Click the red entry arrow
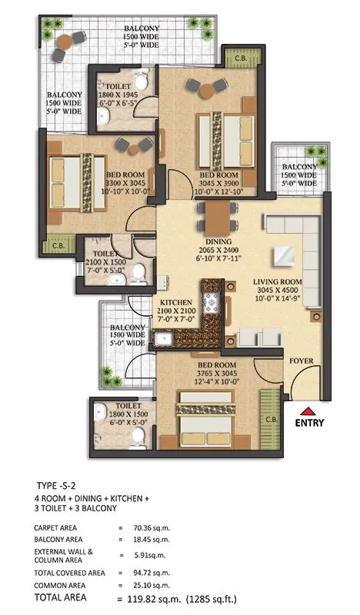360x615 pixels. tap(308, 411)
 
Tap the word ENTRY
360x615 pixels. tap(308, 422)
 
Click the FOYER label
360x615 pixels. tap(302, 361)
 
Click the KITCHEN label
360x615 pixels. tap(180, 302)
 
